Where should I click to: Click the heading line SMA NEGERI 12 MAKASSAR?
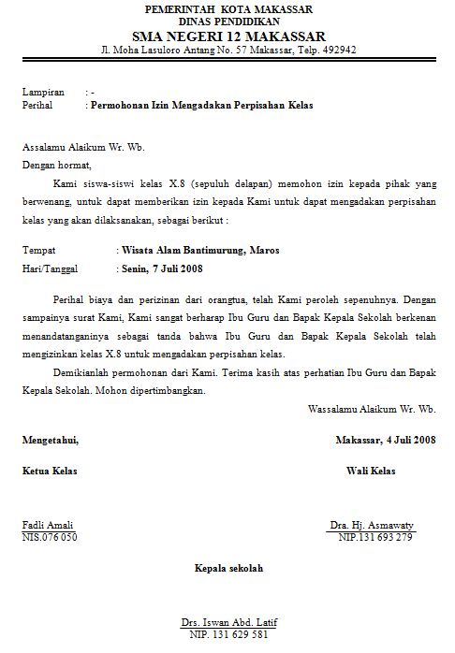pos(227,35)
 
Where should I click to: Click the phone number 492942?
pos(335,50)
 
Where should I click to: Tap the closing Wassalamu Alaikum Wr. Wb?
pos(372,409)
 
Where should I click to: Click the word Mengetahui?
pos(51,439)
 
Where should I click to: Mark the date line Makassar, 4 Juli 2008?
pos(386,439)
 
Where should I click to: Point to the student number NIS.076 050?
pos(50,537)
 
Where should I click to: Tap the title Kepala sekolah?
pos(228,568)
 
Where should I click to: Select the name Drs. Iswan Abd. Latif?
pos(228,622)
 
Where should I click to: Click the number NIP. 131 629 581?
pos(228,634)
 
